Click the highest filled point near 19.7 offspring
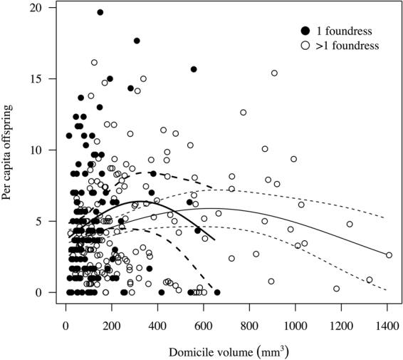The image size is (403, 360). [100, 12]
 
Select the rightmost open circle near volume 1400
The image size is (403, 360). [388, 255]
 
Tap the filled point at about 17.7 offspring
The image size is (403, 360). [137, 41]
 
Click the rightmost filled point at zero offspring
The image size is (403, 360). [217, 292]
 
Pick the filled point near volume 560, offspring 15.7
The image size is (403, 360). [194, 69]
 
